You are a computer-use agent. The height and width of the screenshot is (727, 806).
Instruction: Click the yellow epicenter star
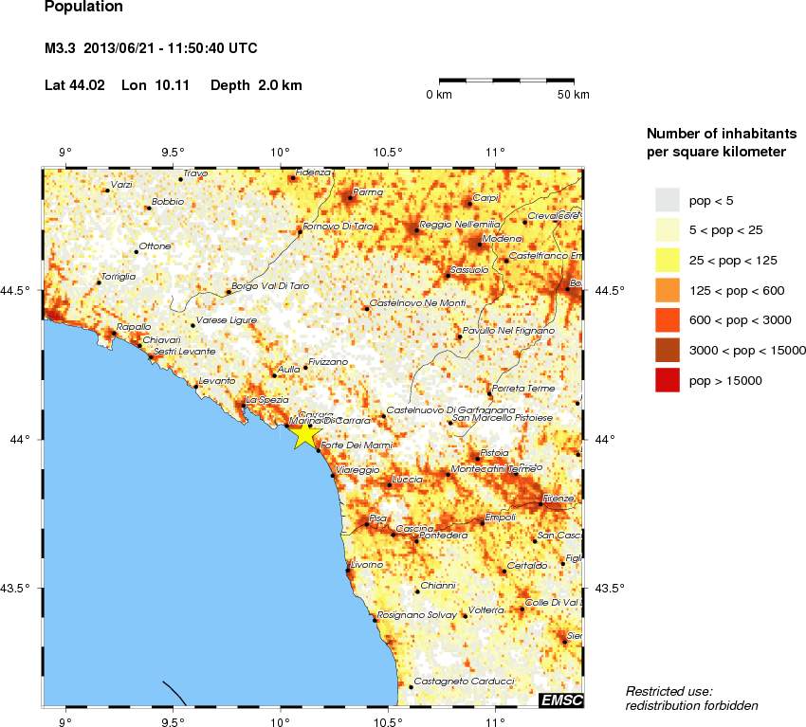click(305, 435)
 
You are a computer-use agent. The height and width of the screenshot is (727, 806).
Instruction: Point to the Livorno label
click(366, 565)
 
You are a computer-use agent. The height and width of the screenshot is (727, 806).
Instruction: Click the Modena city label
click(503, 238)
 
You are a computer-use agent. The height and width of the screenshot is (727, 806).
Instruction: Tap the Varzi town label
click(121, 184)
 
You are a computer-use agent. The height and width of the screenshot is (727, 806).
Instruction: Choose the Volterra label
click(486, 609)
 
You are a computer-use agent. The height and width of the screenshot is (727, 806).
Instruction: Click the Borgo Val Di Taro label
click(271, 285)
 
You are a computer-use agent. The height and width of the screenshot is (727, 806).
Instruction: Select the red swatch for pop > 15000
click(668, 380)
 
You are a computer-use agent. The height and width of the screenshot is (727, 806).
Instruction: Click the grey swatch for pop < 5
click(668, 199)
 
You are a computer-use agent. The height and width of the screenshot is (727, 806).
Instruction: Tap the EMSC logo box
click(560, 700)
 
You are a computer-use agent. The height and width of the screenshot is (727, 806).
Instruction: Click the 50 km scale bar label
click(573, 95)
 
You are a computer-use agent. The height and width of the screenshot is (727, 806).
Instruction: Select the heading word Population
click(83, 7)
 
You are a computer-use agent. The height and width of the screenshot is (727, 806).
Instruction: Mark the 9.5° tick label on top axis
click(172, 152)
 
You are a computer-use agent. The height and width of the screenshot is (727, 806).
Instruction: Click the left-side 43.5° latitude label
click(19, 589)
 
